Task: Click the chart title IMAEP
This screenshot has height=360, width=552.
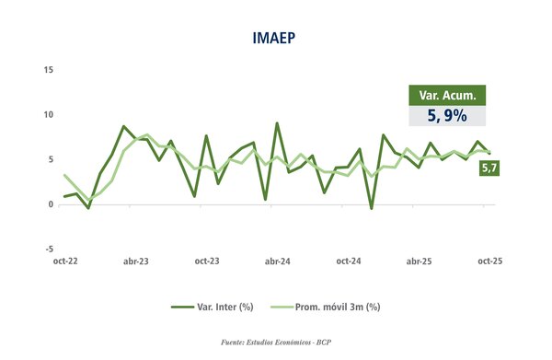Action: (x=275, y=38)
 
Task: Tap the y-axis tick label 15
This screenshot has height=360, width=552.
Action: (x=47, y=70)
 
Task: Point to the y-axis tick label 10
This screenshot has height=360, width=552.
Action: (x=47, y=115)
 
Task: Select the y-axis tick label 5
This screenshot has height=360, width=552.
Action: (x=50, y=159)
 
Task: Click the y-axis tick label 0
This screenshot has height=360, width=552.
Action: (x=50, y=204)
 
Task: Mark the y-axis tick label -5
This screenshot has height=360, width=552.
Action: (x=48, y=249)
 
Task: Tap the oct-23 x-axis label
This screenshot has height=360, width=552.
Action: (x=206, y=262)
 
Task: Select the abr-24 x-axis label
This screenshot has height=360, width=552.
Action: (x=277, y=262)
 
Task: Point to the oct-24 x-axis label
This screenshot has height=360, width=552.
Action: (x=348, y=262)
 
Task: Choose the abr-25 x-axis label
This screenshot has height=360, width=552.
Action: (x=419, y=262)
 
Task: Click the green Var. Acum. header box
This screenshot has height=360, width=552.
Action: (x=446, y=96)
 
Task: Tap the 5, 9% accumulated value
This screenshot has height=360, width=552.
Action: (x=446, y=116)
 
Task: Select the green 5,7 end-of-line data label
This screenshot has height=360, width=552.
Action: (x=489, y=168)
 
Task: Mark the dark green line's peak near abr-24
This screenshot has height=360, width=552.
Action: (x=277, y=122)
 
